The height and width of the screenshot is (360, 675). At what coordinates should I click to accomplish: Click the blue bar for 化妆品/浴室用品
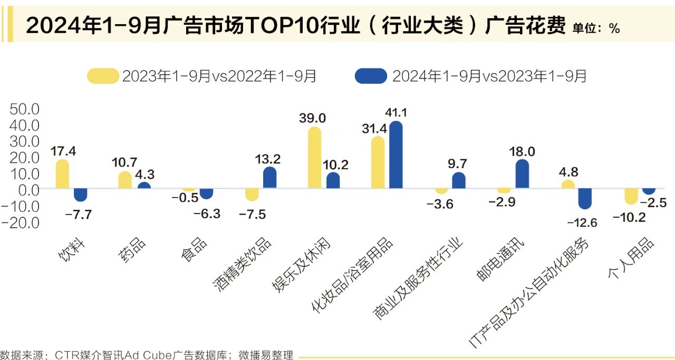[396, 155]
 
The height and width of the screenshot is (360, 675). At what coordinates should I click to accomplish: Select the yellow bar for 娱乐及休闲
[314, 158]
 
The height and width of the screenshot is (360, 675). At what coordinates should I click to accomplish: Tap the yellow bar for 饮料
[62, 174]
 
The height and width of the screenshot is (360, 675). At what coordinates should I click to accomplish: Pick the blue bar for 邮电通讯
[522, 174]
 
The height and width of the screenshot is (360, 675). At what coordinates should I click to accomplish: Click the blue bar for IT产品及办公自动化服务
[585, 198]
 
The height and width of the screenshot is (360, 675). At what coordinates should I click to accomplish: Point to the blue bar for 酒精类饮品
[269, 178]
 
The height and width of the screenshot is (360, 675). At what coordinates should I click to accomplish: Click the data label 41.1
[396, 112]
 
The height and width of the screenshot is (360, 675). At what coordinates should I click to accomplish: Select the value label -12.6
[582, 222]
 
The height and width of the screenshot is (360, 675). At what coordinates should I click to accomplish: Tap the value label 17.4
[63, 151]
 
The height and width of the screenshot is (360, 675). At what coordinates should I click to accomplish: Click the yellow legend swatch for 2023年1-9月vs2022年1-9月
[103, 76]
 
